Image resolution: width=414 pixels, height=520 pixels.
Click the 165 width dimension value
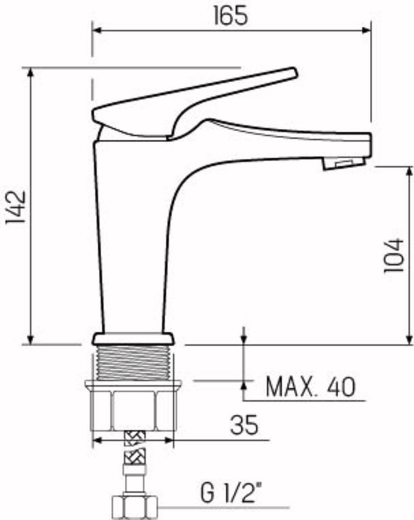pyautogui.click(x=230, y=16)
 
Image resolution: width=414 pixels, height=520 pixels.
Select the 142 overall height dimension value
pyautogui.click(x=16, y=207)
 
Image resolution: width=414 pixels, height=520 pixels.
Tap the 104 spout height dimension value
pyautogui.click(x=394, y=255)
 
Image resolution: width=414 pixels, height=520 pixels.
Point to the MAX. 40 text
pyautogui.click(x=310, y=387)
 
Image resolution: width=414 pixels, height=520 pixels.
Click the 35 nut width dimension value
pyautogui.click(x=244, y=425)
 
